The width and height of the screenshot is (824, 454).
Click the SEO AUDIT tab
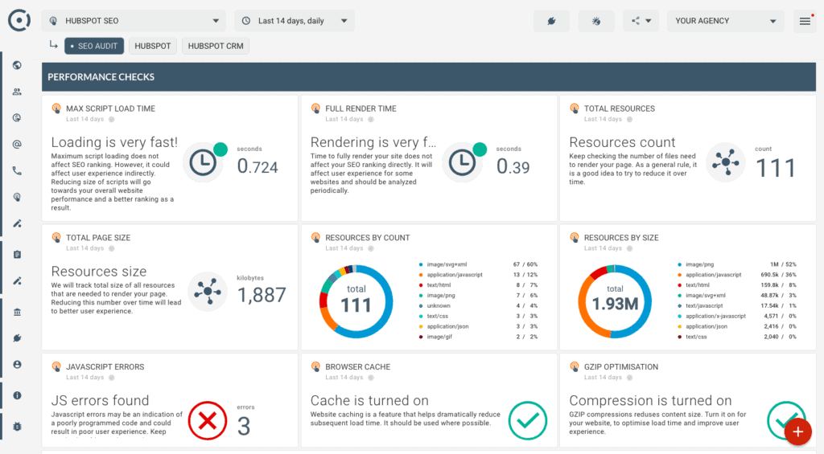pos(94,46)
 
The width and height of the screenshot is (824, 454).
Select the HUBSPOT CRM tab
pos(215,46)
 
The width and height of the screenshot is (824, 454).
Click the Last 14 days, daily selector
pos(295,21)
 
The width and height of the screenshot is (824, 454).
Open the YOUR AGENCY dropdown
pos(725,21)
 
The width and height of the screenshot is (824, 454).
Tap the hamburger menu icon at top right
pos(805,21)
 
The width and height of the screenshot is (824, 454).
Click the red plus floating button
pos(797,432)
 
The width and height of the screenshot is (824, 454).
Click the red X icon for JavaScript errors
pos(207,419)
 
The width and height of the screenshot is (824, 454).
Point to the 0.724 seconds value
pos(257,166)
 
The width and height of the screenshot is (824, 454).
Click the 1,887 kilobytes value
pos(262,295)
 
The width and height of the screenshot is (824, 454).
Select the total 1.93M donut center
pos(615,300)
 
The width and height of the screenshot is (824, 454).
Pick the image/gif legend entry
pos(446,337)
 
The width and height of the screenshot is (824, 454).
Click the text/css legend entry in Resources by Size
pos(697,337)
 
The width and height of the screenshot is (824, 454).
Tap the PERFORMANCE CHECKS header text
pos(101,77)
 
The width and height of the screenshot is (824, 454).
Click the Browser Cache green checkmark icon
pos(528,419)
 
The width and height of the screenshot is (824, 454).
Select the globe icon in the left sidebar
pos(17,66)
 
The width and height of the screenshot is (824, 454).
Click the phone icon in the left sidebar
pos(17,170)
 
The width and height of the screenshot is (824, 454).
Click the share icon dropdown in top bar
pos(641,21)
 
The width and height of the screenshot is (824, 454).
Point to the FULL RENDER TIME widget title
pos(360,108)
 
